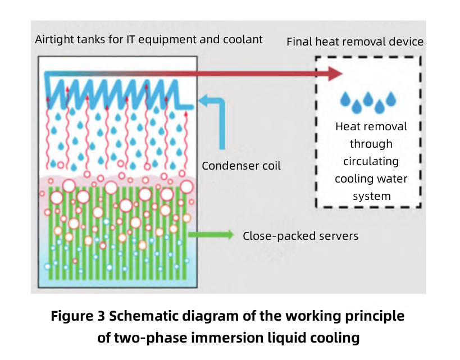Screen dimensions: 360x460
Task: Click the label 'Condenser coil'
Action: point(241,166)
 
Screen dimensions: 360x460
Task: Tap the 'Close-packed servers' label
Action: point(300,236)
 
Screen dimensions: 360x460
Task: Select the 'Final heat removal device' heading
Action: point(355,42)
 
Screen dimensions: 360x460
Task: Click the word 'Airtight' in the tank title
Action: point(53,39)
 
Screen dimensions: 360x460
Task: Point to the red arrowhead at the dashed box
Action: point(335,74)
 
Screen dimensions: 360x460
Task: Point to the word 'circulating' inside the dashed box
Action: point(371,161)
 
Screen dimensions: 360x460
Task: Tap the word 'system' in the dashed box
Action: point(371,196)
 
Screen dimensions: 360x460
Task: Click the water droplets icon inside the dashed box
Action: point(368,101)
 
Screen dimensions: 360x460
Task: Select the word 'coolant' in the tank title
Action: point(243,39)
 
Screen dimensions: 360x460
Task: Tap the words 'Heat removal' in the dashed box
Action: point(371,126)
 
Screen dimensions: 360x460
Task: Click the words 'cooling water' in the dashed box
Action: point(371,179)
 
